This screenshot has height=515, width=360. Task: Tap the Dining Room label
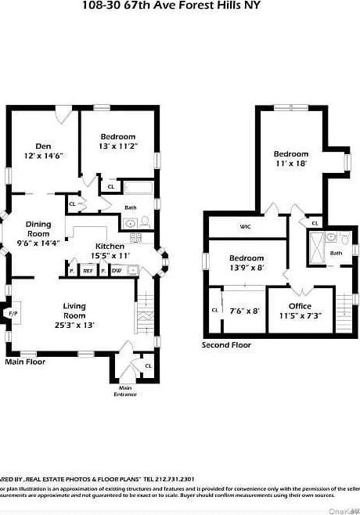pos(38,229)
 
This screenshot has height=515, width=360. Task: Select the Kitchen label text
pos(110,246)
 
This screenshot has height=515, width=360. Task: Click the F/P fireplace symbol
pos(12,314)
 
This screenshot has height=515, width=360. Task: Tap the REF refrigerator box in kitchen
pos(88,271)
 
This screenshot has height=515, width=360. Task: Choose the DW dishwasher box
pos(117,271)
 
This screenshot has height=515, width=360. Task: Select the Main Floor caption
pos(25,362)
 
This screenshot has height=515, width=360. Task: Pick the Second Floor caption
pos(226,345)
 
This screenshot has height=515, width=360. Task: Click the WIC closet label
pos(245,227)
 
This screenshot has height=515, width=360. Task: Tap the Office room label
pos(300,306)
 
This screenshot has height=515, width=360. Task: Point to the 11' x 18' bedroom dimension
pos(290,164)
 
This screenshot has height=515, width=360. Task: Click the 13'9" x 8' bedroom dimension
pos(246,268)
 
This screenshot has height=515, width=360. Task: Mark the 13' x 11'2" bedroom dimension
pos(118,146)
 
